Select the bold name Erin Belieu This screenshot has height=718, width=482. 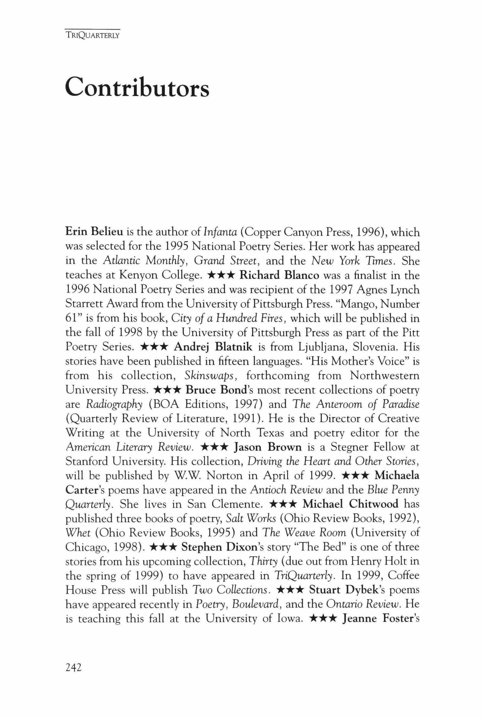pyautogui.click(x=94, y=232)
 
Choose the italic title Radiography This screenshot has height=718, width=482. pyautogui.click(x=114, y=404)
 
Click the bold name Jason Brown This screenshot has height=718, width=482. pyautogui.click(x=267, y=447)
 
